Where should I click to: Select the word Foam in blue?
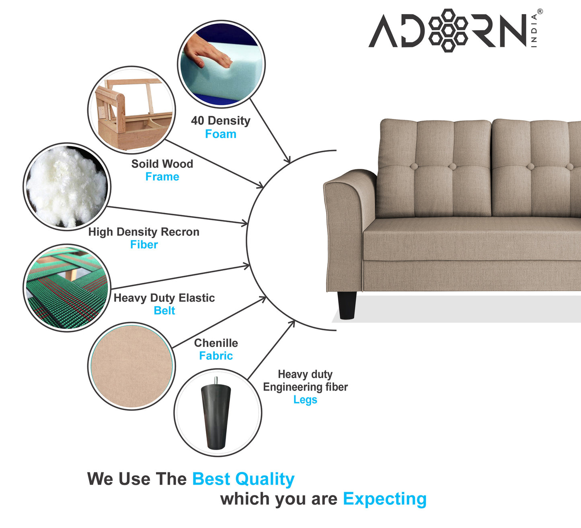click(x=220, y=134)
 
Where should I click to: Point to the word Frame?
click(x=162, y=177)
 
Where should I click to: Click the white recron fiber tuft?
click(x=66, y=186)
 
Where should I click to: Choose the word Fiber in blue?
click(x=144, y=245)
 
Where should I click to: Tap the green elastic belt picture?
click(x=67, y=288)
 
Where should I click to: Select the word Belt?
click(x=164, y=311)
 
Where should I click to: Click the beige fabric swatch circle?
click(x=131, y=366)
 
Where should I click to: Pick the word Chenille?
click(x=216, y=343)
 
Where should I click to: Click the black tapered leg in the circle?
click(x=216, y=416)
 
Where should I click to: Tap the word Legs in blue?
click(x=305, y=400)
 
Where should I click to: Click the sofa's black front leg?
click(x=347, y=305)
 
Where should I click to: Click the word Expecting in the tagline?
click(x=384, y=499)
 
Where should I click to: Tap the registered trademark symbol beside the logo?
click(x=540, y=12)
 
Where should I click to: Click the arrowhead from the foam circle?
click(x=287, y=160)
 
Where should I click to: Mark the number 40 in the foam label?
click(x=197, y=121)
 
